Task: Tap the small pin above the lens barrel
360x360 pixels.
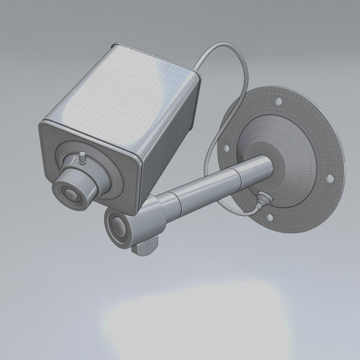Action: pyautogui.click(x=82, y=157)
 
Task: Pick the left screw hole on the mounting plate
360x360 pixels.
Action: pyautogui.click(x=226, y=148)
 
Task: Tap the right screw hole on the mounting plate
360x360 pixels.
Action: pyautogui.click(x=328, y=177)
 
